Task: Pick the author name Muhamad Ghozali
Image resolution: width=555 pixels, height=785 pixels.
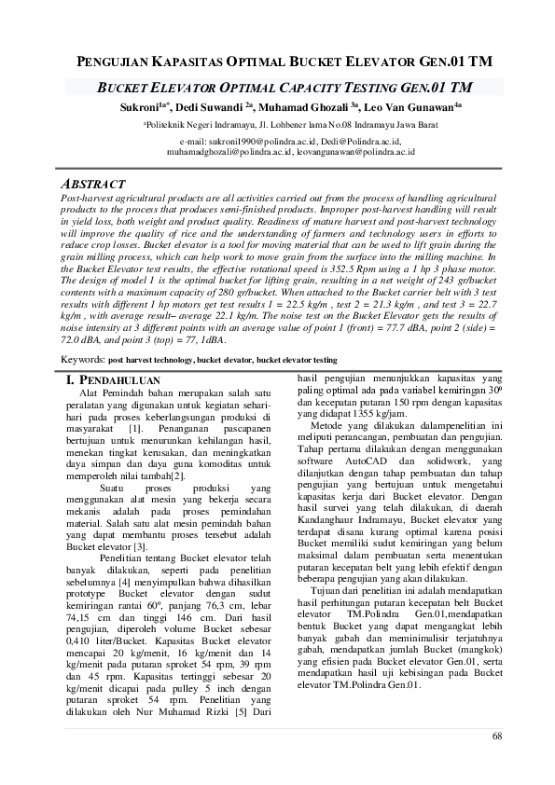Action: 303,108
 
